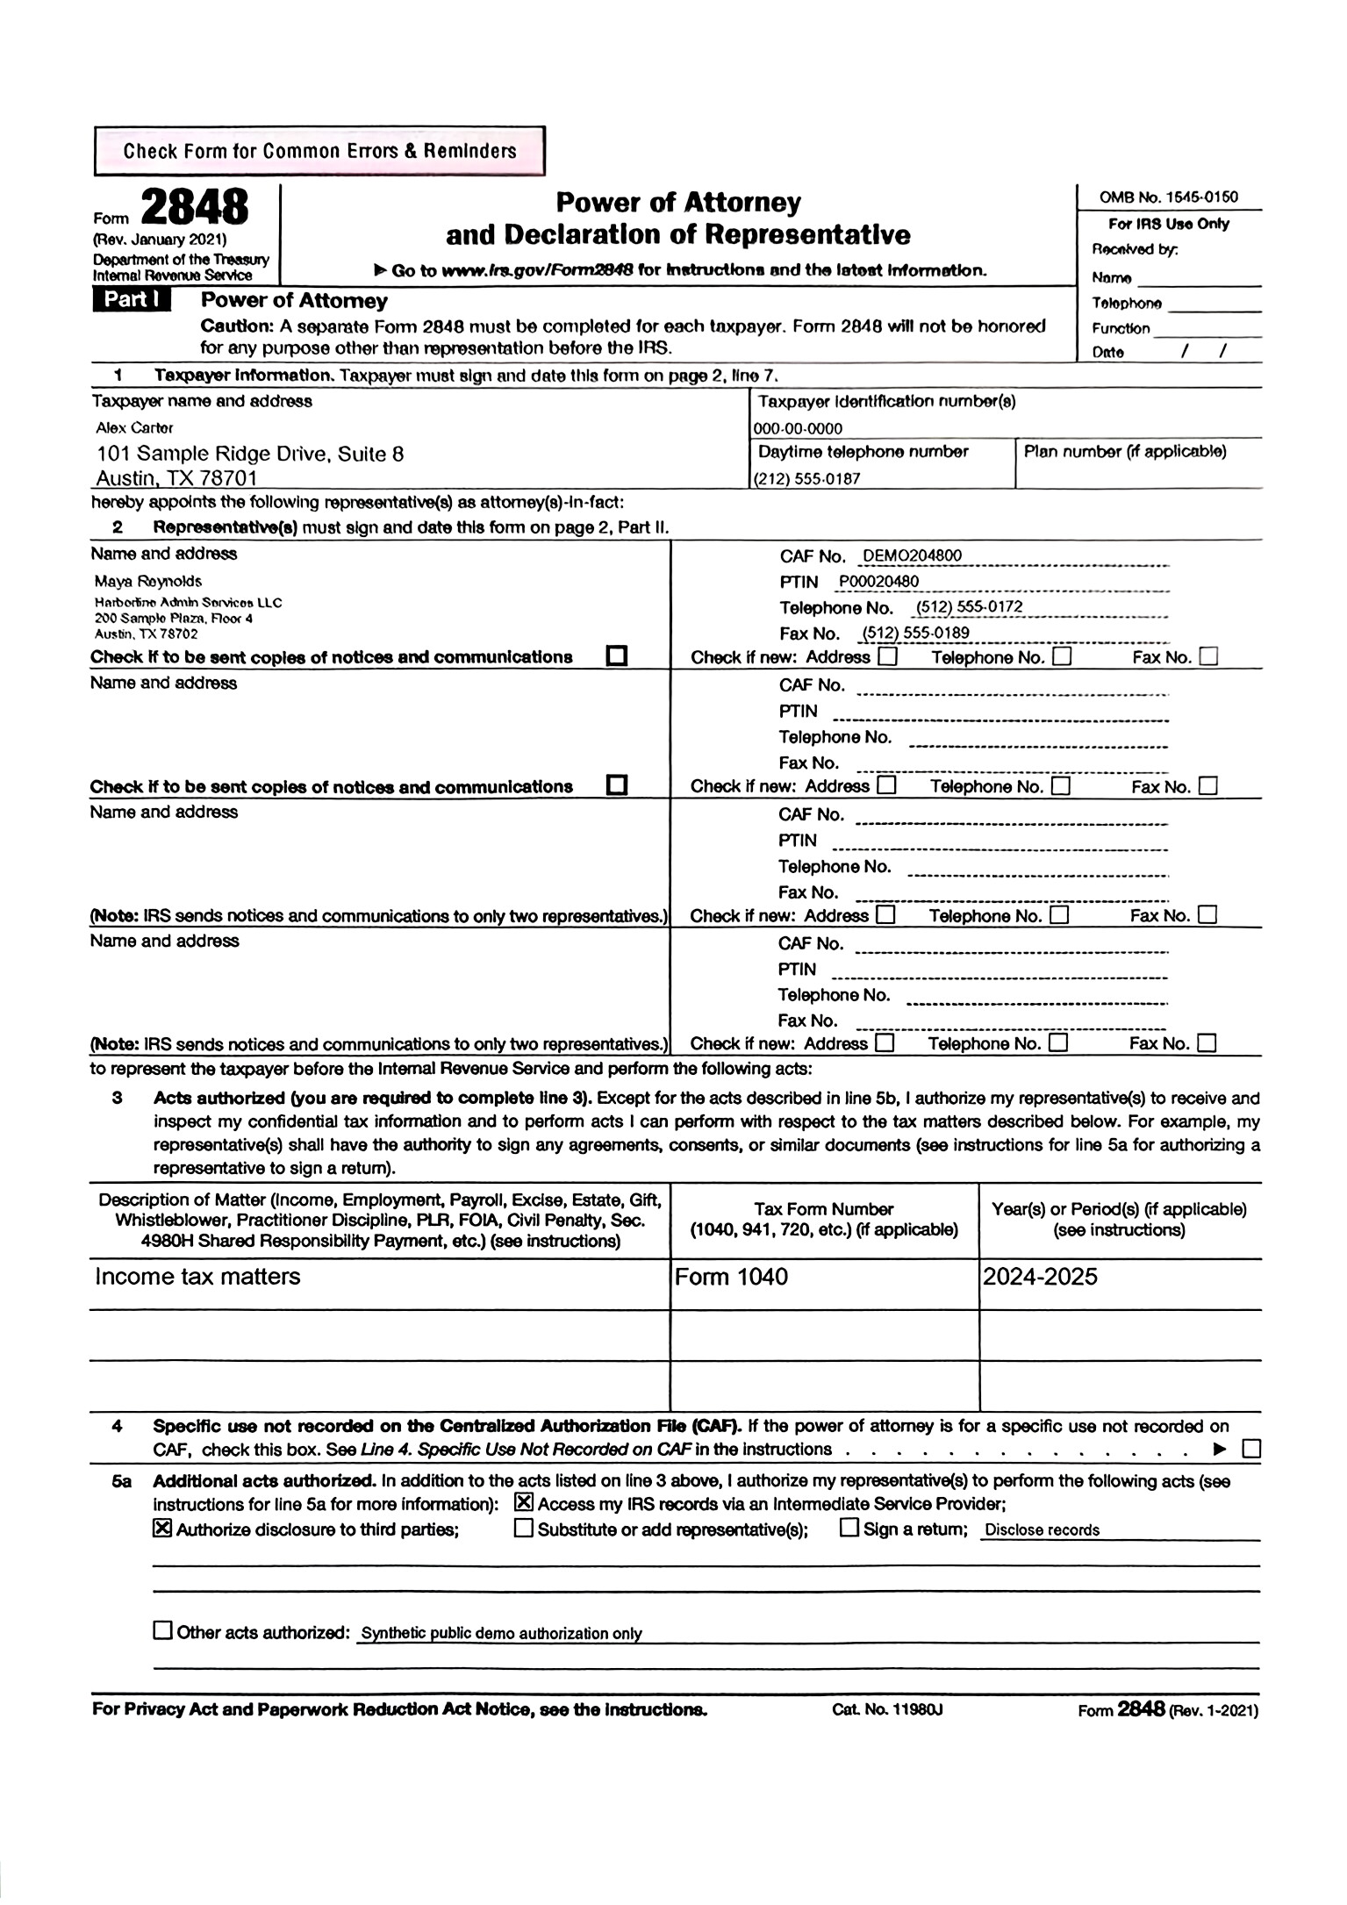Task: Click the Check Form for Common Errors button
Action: click(319, 151)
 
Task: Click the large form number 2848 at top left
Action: click(194, 209)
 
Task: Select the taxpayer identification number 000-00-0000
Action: click(798, 429)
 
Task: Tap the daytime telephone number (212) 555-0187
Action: click(806, 479)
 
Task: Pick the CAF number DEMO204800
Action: click(912, 555)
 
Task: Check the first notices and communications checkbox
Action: click(617, 656)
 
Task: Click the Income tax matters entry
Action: click(197, 1277)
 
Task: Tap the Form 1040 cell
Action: click(731, 1277)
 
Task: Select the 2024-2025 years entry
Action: click(1040, 1277)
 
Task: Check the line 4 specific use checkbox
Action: click(1251, 1449)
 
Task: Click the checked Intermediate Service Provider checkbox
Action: click(524, 1503)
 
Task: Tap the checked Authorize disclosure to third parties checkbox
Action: click(161, 1529)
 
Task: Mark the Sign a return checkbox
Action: click(849, 1528)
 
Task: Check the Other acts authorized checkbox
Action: click(162, 1631)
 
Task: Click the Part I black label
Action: click(131, 300)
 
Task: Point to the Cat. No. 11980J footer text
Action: click(887, 1709)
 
